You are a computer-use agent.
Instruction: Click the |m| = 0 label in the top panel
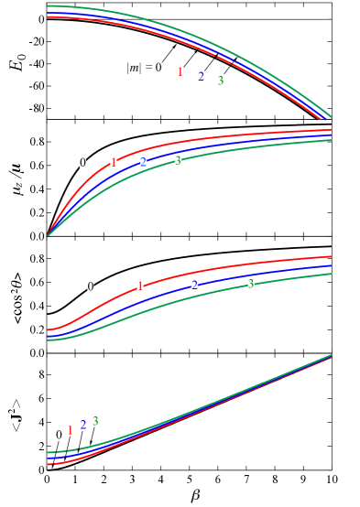pyautogui.click(x=144, y=68)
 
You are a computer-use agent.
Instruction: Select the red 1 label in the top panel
pyautogui.click(x=180, y=72)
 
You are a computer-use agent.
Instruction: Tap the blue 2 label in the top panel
pyautogui.click(x=201, y=77)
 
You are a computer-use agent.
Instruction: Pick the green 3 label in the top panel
pyautogui.click(x=221, y=81)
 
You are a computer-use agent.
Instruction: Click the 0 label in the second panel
pyautogui.click(x=82, y=163)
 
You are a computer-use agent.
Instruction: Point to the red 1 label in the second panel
pyautogui.click(x=114, y=163)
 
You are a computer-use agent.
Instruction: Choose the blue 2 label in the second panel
pyautogui.click(x=144, y=162)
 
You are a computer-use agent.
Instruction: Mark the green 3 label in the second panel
pyautogui.click(x=178, y=161)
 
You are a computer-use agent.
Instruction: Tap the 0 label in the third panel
pyautogui.click(x=90, y=286)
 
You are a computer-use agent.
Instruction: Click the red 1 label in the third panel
pyautogui.click(x=140, y=286)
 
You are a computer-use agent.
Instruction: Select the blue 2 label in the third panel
pyautogui.click(x=194, y=285)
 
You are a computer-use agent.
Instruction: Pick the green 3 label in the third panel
pyautogui.click(x=250, y=284)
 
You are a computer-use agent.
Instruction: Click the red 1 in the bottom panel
pyautogui.click(x=70, y=431)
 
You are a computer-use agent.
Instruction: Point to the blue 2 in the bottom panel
pyautogui.click(x=83, y=426)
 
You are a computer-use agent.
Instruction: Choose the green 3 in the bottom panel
pyautogui.click(x=95, y=422)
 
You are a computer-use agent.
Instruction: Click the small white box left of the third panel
pyautogui.click(x=15, y=291)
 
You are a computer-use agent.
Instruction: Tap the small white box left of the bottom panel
pyautogui.click(x=12, y=412)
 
